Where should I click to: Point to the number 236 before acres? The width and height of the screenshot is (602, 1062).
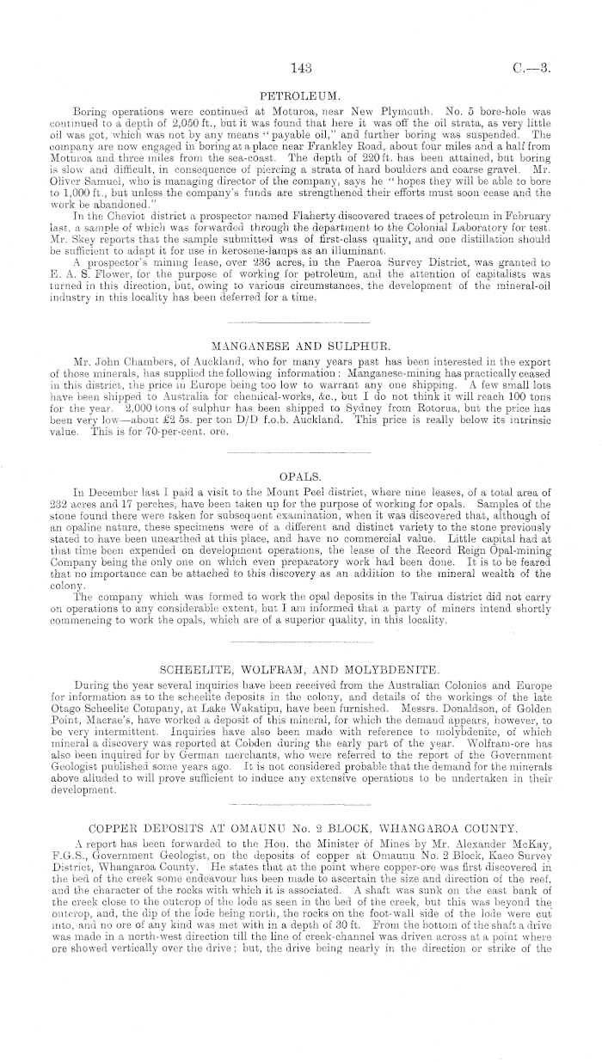pos(225,260)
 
